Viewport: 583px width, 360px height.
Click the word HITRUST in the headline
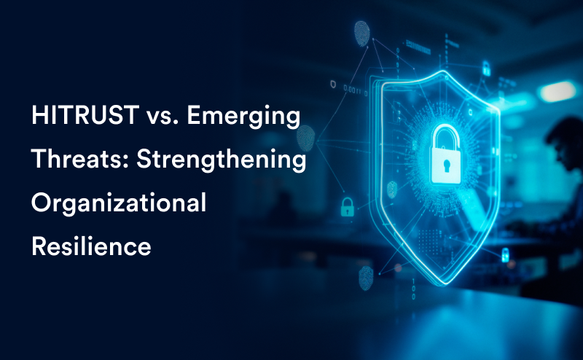pos(85,115)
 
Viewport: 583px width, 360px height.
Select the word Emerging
pos(243,117)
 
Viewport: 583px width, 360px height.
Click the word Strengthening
pos(222,160)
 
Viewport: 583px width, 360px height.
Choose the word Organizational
pos(119,204)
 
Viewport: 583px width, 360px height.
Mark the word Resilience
pos(91,246)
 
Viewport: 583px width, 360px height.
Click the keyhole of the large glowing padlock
pos(446,166)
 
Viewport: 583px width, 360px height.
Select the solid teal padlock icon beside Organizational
pos(348,207)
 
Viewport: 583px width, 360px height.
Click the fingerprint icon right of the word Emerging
pos(306,138)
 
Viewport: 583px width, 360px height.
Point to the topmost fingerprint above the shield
pos(361,34)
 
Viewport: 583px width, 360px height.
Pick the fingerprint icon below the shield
pos(366,278)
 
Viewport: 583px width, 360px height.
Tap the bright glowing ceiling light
pos(557,92)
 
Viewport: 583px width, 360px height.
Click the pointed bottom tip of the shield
pos(445,285)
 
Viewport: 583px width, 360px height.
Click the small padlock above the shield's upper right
pos(486,69)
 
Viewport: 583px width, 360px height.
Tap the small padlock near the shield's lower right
pos(505,255)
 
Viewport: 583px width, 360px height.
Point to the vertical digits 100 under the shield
pos(413,289)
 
